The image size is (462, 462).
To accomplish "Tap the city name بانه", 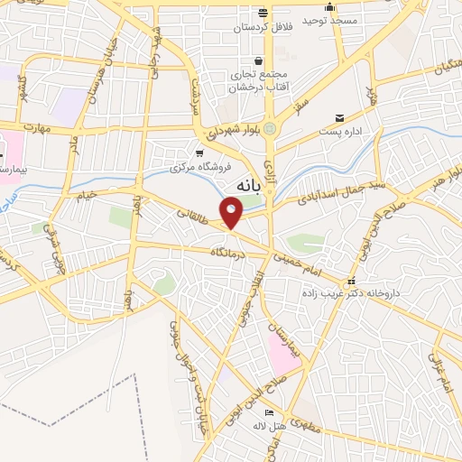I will coord(246,185).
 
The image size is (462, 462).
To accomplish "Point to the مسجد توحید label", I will coord(329,20).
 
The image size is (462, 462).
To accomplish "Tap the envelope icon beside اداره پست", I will coord(340,118).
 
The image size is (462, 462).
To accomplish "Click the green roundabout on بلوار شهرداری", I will coord(270,128).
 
